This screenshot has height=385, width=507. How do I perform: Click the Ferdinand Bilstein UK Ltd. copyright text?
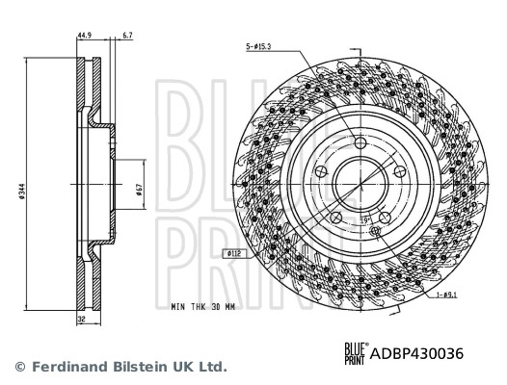click(120, 367)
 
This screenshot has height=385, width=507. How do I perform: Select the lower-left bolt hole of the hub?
click(335, 220)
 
